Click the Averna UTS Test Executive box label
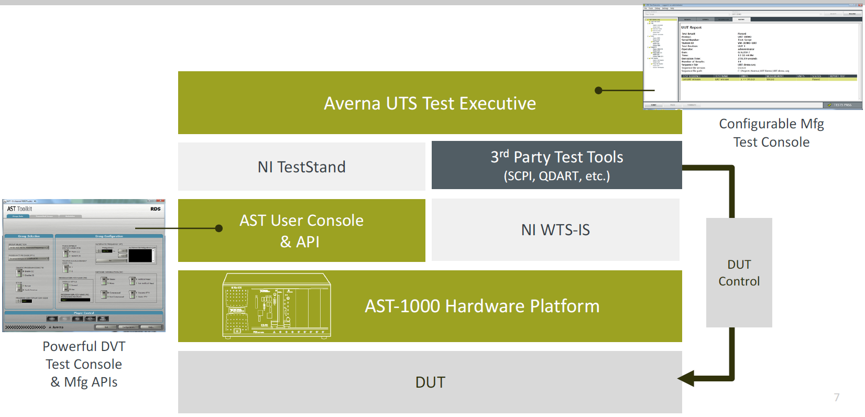(430, 103)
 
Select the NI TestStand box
(301, 167)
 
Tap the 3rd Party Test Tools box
(556, 157)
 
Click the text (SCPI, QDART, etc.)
(556, 176)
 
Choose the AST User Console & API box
(301, 231)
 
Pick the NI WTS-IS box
(555, 229)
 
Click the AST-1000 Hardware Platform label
(482, 306)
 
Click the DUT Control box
(739, 272)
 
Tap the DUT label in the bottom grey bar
(430, 382)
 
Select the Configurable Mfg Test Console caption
(771, 133)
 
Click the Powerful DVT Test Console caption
(84, 364)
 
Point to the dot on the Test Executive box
(598, 90)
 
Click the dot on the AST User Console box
(219, 228)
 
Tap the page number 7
(837, 398)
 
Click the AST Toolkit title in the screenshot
(19, 208)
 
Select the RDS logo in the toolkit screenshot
(156, 208)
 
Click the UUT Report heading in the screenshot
(691, 27)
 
